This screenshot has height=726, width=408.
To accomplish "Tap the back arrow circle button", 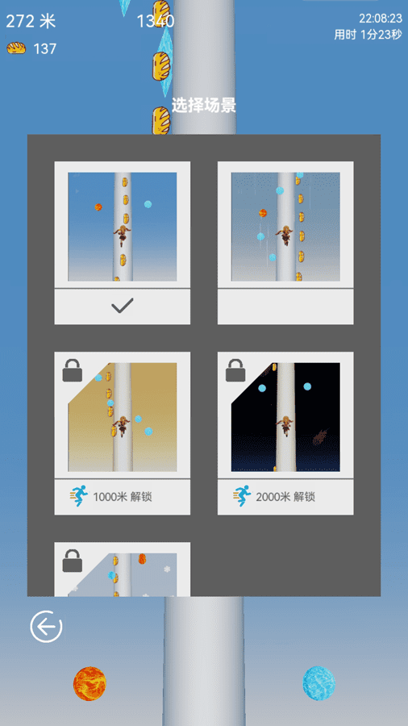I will (x=46, y=627).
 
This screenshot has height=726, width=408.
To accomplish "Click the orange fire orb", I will (x=90, y=683).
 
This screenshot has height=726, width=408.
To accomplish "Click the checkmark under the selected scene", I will (x=122, y=307).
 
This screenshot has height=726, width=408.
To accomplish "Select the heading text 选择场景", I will (x=203, y=106).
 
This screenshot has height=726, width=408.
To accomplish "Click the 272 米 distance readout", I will (x=30, y=20).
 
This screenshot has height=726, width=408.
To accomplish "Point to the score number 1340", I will (x=155, y=21).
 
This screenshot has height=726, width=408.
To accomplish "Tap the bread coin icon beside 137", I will (x=16, y=48).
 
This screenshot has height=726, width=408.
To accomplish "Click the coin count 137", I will (x=45, y=48).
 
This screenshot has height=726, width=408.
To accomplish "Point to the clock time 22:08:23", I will (x=380, y=18).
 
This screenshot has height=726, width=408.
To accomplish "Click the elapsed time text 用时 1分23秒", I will (x=368, y=35).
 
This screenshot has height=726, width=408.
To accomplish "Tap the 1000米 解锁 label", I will (x=123, y=497).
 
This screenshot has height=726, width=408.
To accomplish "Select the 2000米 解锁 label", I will (x=285, y=497).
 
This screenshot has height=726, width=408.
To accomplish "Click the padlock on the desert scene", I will (x=73, y=370).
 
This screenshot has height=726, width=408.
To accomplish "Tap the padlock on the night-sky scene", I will (x=235, y=370).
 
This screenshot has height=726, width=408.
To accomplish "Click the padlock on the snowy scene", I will (x=73, y=560).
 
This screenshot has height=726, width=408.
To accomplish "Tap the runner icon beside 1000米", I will (x=79, y=496).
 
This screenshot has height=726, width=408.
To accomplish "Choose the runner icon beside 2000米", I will (x=242, y=496).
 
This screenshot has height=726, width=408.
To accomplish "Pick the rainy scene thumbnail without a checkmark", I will (x=285, y=227).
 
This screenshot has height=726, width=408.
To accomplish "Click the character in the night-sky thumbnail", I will (x=285, y=424).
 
